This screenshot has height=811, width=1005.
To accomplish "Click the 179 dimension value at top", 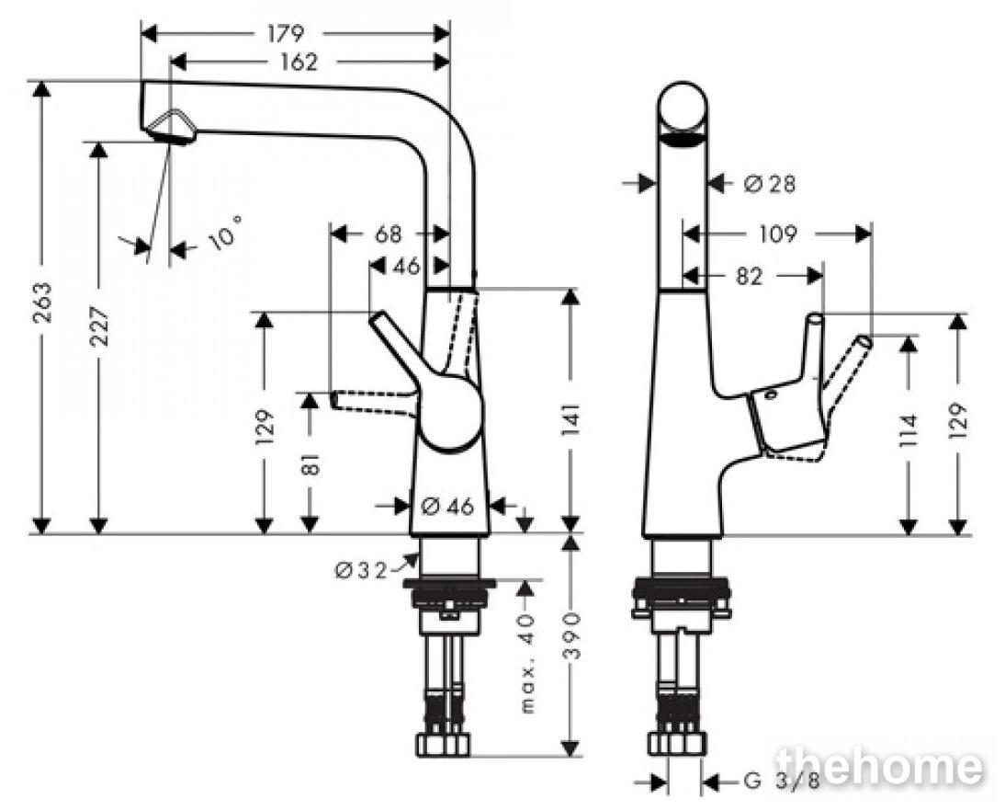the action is [285, 33].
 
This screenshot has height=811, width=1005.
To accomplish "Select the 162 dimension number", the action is [299, 63].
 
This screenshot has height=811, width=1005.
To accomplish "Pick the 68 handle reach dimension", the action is [389, 234].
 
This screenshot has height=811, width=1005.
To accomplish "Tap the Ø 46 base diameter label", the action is [447, 507].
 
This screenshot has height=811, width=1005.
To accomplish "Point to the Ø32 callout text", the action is [361, 570].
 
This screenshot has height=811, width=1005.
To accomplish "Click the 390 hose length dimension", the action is [571, 635].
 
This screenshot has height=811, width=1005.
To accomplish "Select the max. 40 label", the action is [527, 663].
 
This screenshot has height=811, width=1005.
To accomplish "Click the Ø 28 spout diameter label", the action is [770, 185].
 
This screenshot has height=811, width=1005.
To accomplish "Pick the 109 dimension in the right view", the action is [777, 234].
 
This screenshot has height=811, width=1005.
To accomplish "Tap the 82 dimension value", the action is [749, 277].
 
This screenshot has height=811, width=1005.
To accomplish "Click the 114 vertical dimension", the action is [909, 431].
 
